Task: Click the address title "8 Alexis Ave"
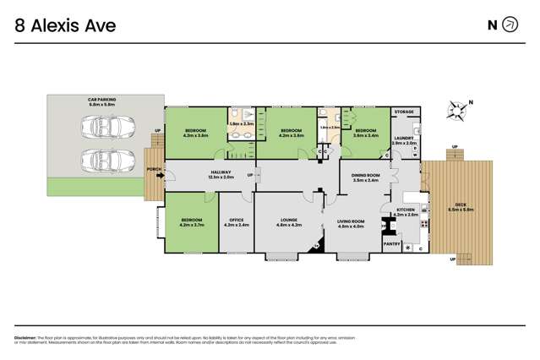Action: click(x=65, y=25)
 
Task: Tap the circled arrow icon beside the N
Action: click(x=510, y=25)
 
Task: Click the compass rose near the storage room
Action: click(x=457, y=109)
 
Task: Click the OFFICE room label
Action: click(x=236, y=222)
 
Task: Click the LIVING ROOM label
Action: click(x=350, y=222)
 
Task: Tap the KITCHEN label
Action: click(x=406, y=210)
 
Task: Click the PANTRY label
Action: click(x=391, y=243)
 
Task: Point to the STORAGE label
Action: click(x=404, y=112)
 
